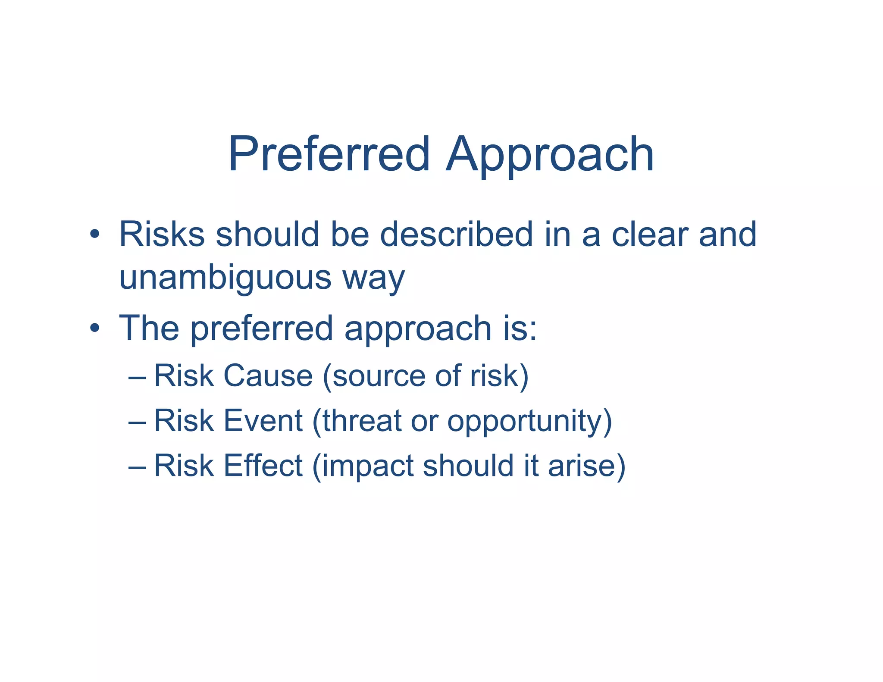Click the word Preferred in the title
[x=329, y=154]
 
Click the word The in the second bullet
[x=149, y=328]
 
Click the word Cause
[x=268, y=375]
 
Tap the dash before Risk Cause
[x=137, y=378]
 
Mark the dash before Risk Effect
[x=137, y=467]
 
